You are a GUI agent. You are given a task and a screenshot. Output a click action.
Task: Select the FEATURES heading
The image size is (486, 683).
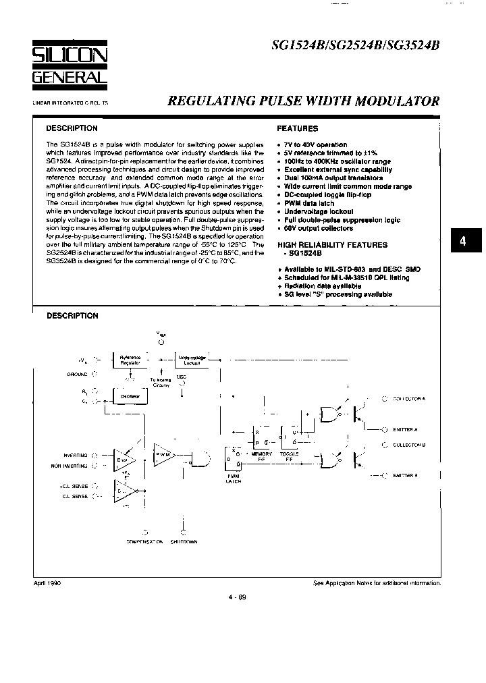coord(297,128)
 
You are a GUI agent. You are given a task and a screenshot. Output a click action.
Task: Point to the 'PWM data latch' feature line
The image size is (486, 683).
coord(309,203)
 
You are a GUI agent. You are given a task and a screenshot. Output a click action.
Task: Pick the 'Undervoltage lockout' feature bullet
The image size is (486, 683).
coord(319,212)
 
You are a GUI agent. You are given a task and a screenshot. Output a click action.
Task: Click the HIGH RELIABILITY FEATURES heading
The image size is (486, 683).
coord(333,245)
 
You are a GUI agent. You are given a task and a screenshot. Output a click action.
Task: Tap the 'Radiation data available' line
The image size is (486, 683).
coord(323,285)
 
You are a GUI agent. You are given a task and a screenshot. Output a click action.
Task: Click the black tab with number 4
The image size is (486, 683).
coord(463,241)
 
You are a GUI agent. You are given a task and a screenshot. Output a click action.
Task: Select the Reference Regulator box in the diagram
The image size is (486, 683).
coord(130,359)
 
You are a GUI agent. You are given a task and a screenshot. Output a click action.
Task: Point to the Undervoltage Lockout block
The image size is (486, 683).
coord(192,359)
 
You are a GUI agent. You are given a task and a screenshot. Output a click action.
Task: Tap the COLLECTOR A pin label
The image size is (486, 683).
coord(408,399)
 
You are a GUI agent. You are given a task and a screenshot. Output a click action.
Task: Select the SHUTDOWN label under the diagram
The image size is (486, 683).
coord(184,542)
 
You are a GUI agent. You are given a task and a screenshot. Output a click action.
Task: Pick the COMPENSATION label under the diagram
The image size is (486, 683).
coord(144,542)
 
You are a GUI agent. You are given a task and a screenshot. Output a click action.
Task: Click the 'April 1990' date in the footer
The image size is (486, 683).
coord(47,582)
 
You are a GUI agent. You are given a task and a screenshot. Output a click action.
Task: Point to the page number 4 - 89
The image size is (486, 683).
coord(237,596)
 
